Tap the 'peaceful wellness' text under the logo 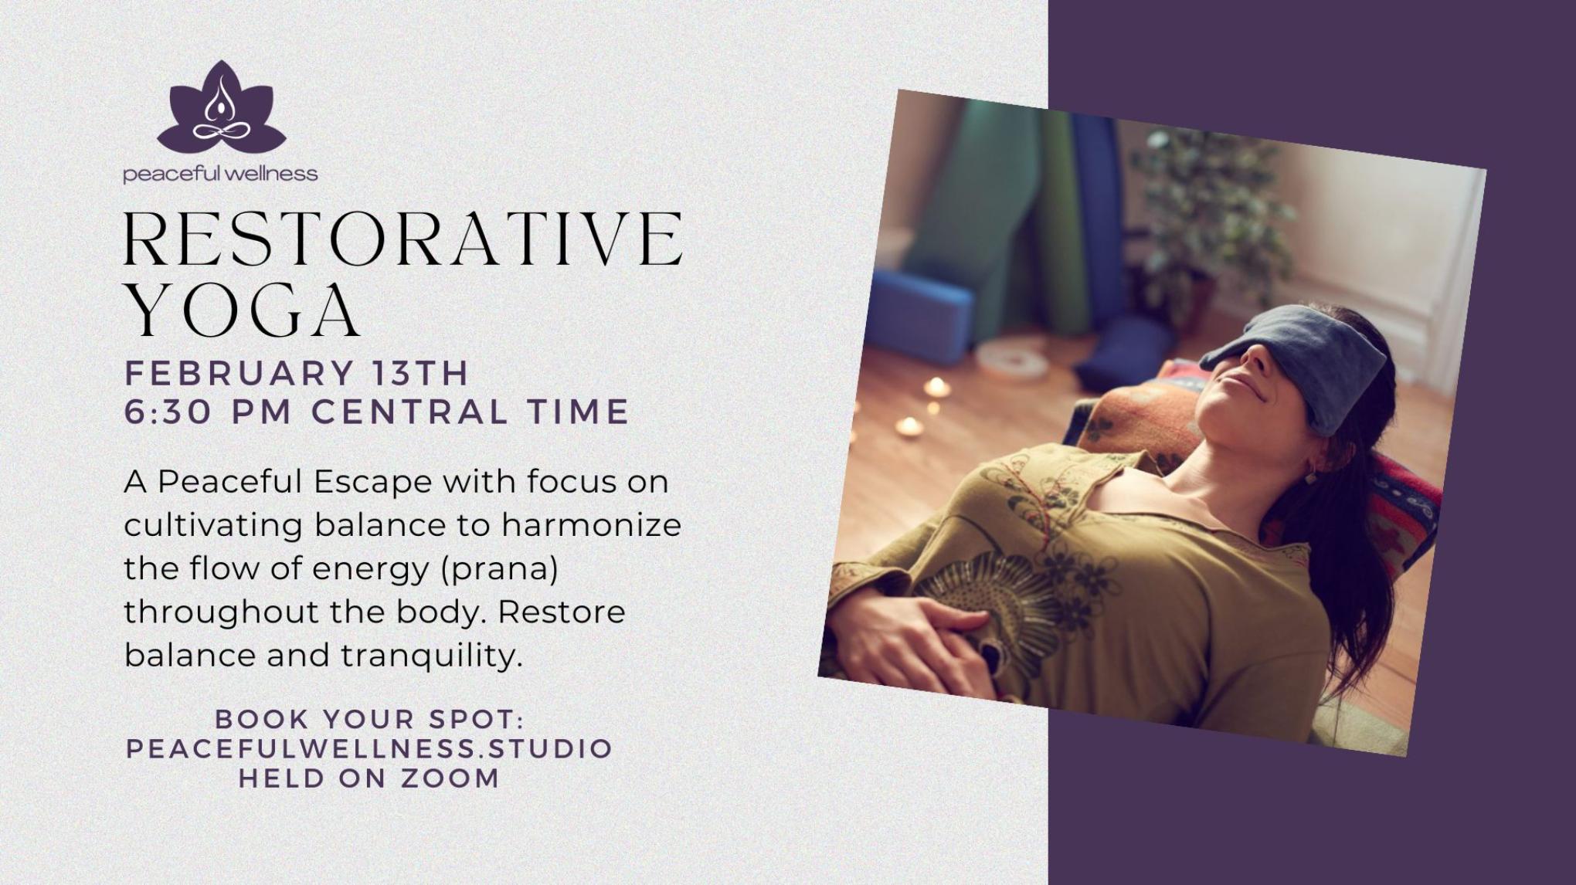pyautogui.click(x=220, y=174)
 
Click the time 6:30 pyautogui.click(x=168, y=412)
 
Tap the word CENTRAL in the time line pyautogui.click(x=410, y=412)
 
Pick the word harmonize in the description pyautogui.click(x=592, y=526)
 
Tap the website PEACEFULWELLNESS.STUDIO pyautogui.click(x=369, y=748)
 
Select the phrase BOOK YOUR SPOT pyautogui.click(x=370, y=719)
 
